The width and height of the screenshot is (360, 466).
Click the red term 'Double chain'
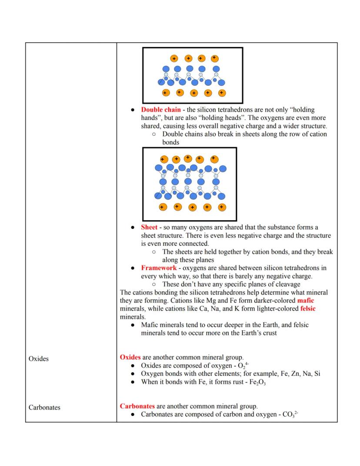pyautogui.click(x=161, y=110)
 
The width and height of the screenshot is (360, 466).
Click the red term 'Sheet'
pyautogui.click(x=149, y=228)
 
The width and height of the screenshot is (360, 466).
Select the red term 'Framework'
pyautogui.click(x=159, y=268)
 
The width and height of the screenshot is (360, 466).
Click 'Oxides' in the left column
pyautogui.click(x=39, y=359)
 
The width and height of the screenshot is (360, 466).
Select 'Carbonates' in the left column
pyautogui.click(x=44, y=408)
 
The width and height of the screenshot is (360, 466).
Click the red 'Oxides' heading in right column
pyautogui.click(x=130, y=357)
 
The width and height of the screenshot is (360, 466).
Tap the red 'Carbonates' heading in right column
pyautogui.click(x=137, y=406)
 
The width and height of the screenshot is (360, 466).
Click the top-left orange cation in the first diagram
pyautogui.click(x=174, y=58)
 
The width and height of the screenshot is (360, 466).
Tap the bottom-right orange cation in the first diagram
pyautogui.click(x=222, y=93)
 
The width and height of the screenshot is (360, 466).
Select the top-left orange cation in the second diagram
pyautogui.click(x=164, y=159)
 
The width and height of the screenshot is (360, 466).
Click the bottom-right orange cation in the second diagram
pyautogui.click(x=221, y=207)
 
